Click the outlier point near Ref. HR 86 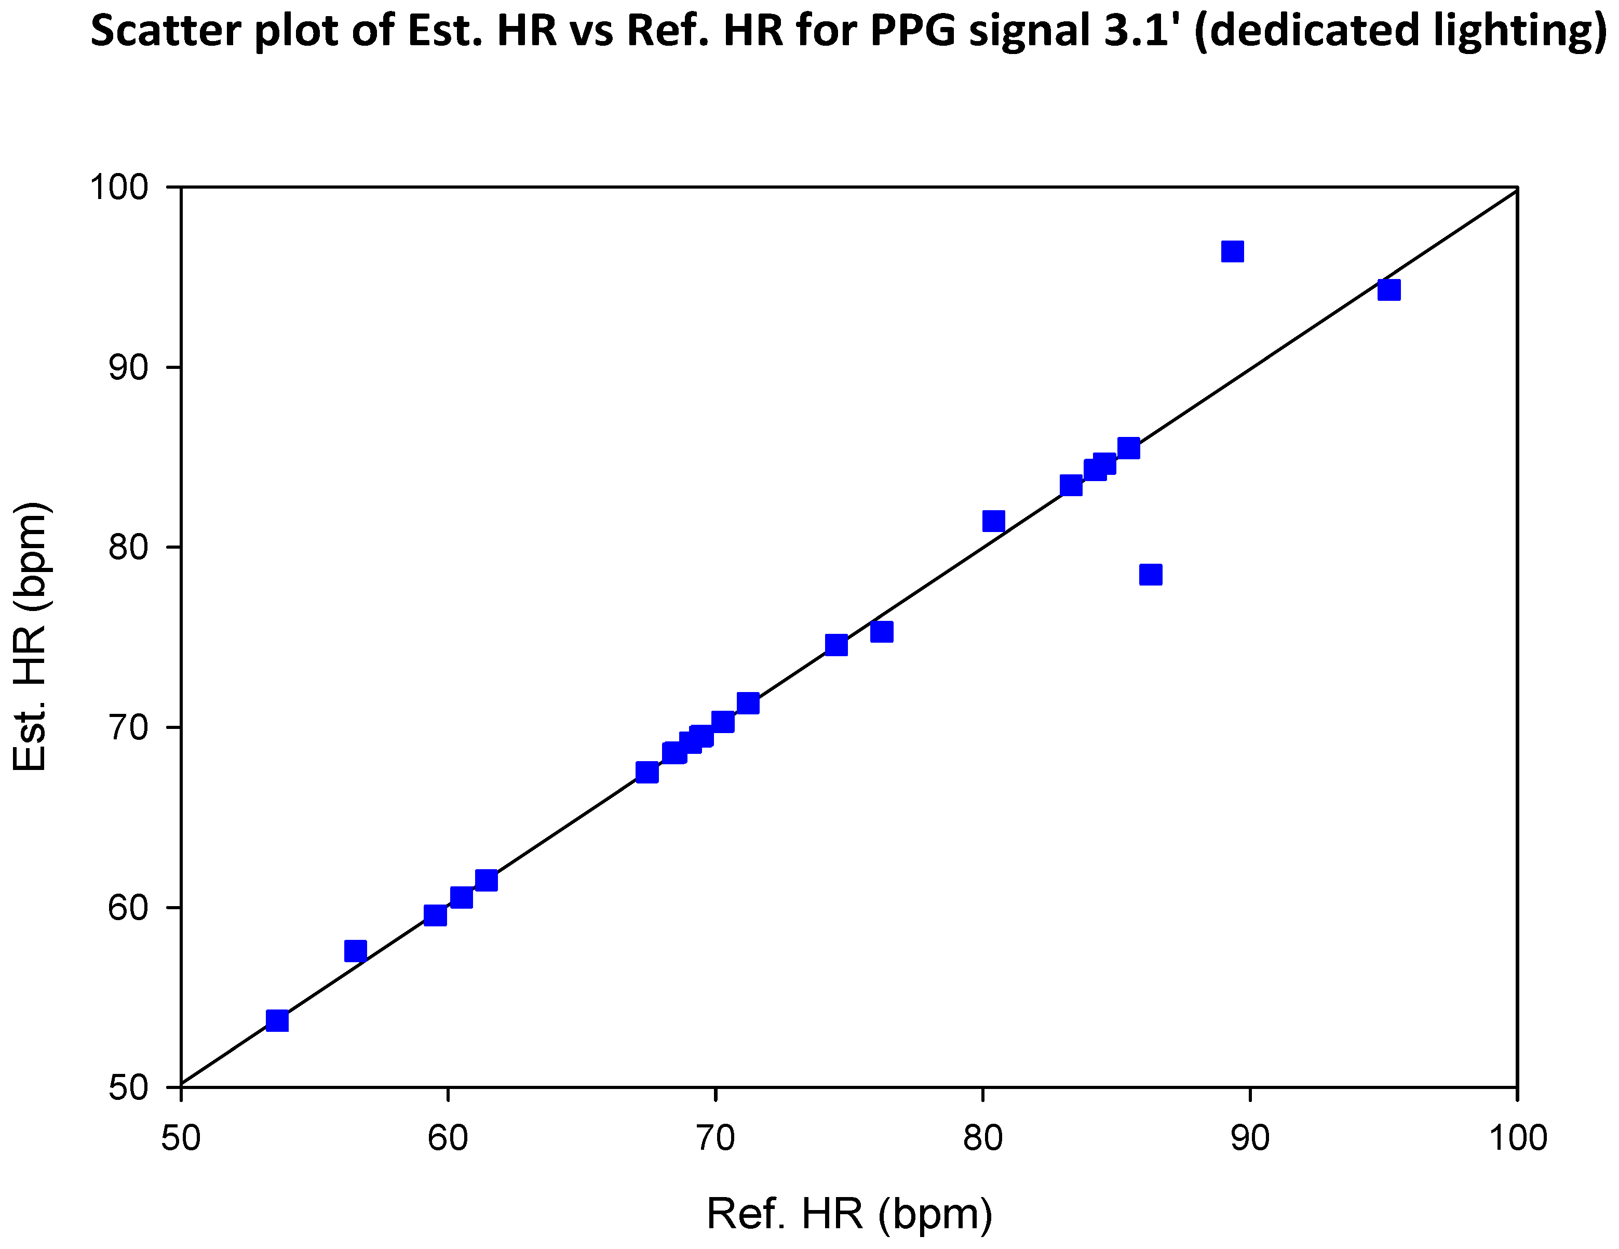tap(1150, 575)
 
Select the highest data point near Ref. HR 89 tap(1232, 251)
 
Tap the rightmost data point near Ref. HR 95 tap(1388, 289)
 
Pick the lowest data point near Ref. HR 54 tap(277, 1020)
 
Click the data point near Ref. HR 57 tap(355, 951)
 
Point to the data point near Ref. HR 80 tap(993, 522)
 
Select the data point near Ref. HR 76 tap(881, 632)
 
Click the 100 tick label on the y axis tap(119, 187)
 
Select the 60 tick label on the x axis tap(448, 1138)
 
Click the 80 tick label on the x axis tap(983, 1138)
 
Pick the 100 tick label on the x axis tap(1517, 1138)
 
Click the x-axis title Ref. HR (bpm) tap(849, 1214)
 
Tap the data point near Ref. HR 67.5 tap(646, 772)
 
